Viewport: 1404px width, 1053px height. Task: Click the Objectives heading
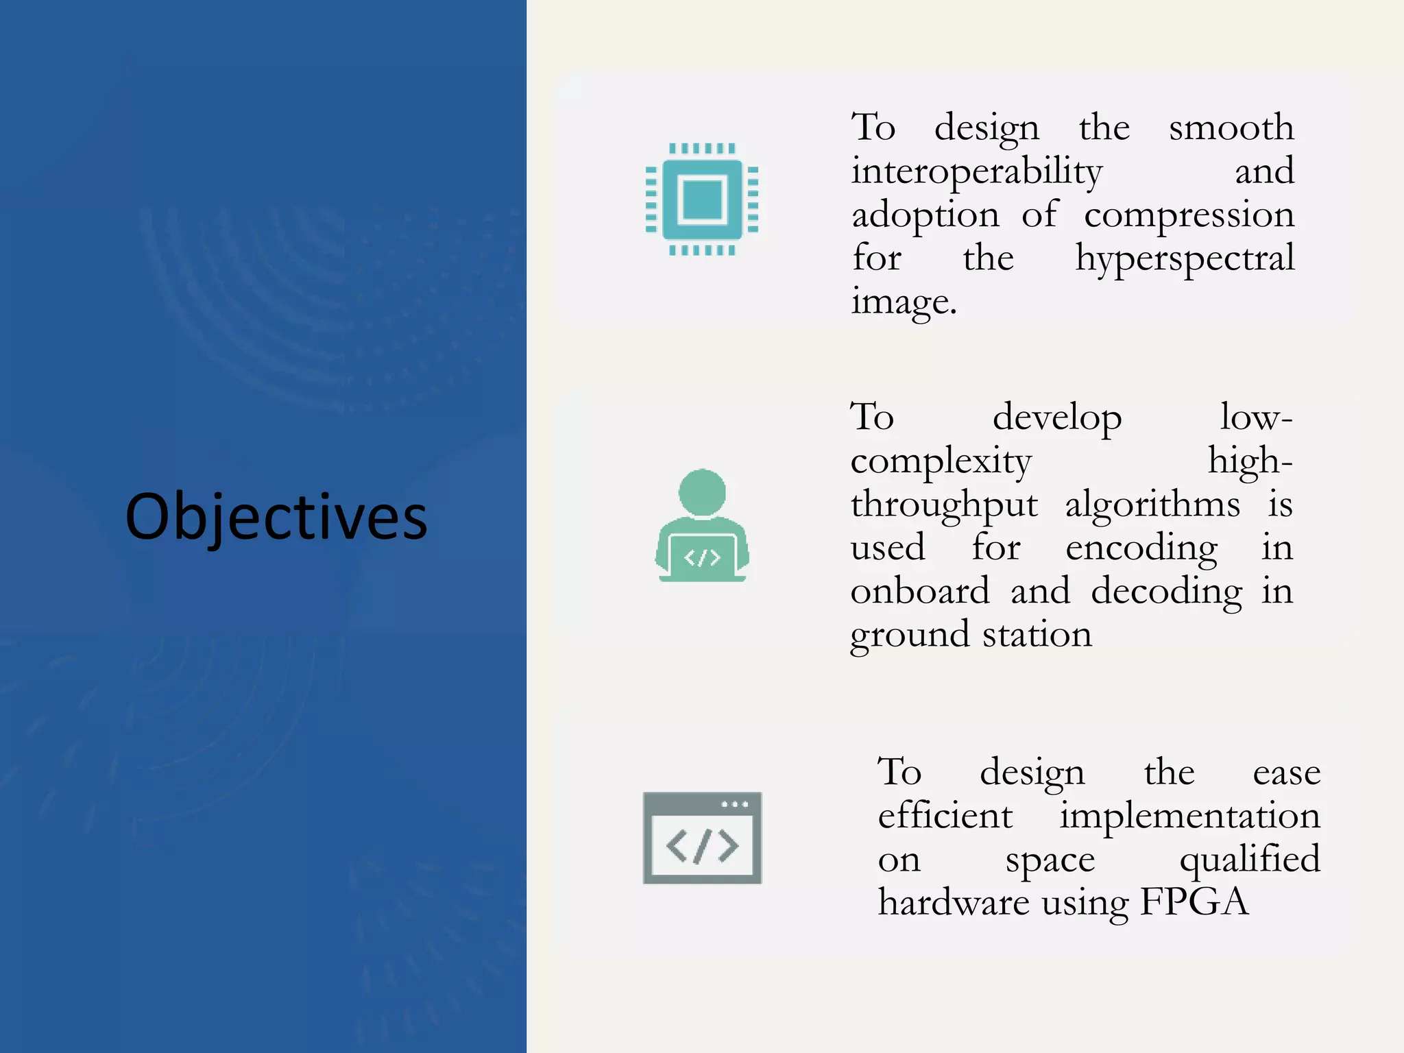(276, 516)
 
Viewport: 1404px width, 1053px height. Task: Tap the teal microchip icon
(702, 199)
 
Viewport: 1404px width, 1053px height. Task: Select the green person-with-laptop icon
(702, 526)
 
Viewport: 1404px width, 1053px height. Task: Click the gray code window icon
(702, 838)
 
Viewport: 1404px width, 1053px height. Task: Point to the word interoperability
(976, 171)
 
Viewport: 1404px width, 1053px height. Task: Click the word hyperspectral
(1185, 258)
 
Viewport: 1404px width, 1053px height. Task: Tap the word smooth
(1231, 128)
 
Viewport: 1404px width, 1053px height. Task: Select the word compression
(1189, 215)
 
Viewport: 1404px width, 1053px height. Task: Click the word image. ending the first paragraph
(904, 302)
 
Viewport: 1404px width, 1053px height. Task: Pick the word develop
(1056, 417)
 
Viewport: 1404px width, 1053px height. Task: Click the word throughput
(944, 505)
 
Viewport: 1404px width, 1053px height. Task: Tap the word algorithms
(1152, 505)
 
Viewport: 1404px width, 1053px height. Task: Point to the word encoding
(1141, 548)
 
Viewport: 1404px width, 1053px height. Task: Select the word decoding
(1166, 592)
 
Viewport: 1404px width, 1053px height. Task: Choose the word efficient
(945, 816)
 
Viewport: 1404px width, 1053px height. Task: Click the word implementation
(1189, 816)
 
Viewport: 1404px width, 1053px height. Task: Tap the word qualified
(1249, 860)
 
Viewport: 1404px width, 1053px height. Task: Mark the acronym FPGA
(1194, 901)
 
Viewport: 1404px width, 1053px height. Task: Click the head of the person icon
(702, 492)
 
